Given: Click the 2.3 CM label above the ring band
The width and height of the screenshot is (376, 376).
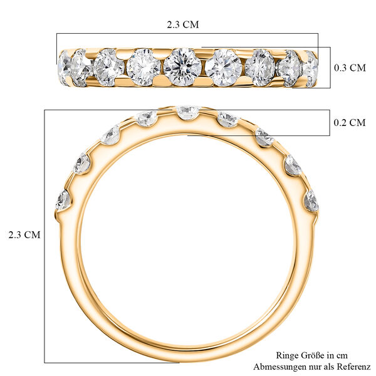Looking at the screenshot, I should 182,26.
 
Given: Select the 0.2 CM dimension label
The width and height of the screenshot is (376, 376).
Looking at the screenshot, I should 348,123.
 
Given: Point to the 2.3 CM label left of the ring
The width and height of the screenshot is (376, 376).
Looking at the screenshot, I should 24,235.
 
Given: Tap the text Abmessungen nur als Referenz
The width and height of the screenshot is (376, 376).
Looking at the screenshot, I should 311,365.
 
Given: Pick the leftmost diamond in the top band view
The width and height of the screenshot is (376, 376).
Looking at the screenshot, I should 63,65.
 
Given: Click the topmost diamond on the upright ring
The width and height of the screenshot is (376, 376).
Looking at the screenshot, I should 187,112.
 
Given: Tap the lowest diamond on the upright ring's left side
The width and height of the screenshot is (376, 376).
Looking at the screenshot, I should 63,200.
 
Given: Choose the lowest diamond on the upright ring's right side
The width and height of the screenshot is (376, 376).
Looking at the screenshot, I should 311,201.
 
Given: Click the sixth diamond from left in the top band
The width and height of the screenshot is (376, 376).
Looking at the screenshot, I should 223,67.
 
